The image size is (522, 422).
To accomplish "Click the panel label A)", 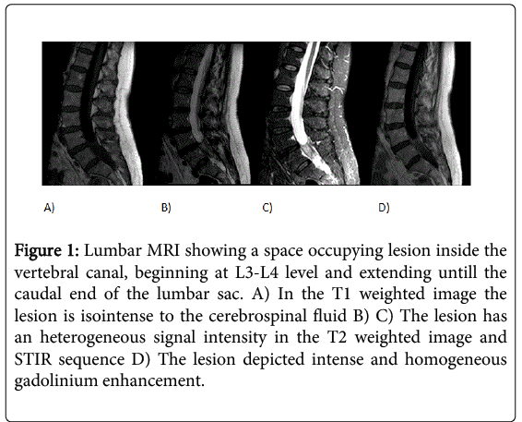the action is coord(49,208).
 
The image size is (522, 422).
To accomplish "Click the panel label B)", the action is coord(166,208).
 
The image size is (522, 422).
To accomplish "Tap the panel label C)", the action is coord(267,208).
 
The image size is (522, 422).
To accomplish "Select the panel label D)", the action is coord(384,208).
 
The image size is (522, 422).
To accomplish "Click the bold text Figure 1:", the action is coord(47,251).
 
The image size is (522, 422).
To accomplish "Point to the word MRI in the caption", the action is coord(163,250).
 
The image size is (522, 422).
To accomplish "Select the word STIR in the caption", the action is coord(33,359).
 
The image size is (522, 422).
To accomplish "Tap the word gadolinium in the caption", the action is coord(55,381).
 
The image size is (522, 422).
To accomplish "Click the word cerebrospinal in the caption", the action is coord(257,316).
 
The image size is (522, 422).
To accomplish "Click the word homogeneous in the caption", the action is coord(456,359).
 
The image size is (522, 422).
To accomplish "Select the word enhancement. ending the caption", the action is coord(153,381).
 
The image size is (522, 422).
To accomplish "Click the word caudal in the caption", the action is coord(38,295).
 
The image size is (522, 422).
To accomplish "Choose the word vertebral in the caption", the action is coord(47,272).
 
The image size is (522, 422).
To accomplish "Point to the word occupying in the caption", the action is coord(345,251).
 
